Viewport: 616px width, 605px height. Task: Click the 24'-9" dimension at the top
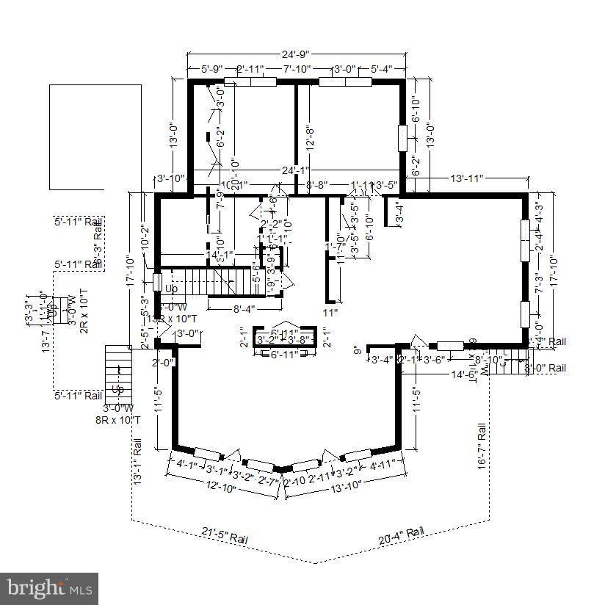click(296, 54)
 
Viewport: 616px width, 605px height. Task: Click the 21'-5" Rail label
click(224, 535)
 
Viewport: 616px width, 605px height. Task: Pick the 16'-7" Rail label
click(482, 445)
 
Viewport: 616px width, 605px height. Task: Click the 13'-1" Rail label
click(137, 460)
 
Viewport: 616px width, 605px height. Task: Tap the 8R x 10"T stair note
click(117, 419)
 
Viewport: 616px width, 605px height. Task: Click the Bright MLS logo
click(49, 588)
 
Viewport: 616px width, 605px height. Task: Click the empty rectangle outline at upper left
click(95, 137)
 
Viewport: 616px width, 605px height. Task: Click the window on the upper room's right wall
click(402, 137)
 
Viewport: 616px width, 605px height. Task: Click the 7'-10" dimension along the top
click(297, 69)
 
